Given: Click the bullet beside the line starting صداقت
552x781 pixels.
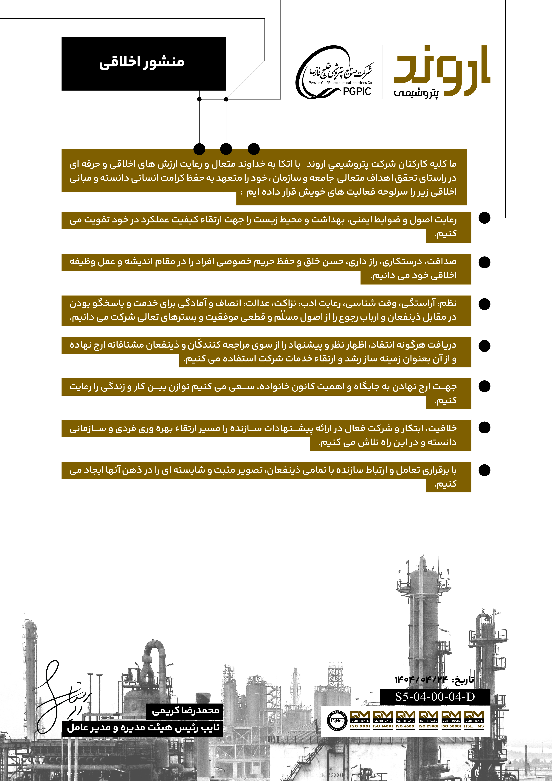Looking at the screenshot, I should point(484,262).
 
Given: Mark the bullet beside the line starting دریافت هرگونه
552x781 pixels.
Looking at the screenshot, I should point(484,346).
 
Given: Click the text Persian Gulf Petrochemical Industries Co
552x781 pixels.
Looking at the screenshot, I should point(340,83).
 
